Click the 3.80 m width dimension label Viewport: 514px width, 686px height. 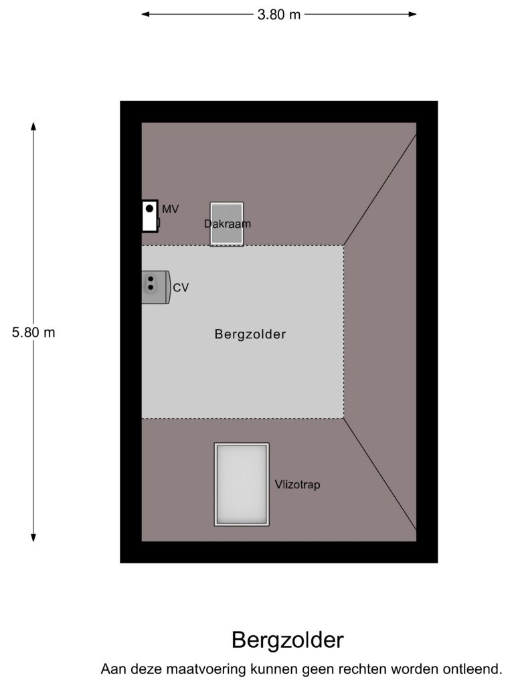(279, 15)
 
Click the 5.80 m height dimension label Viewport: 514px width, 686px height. (33, 332)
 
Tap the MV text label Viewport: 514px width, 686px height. (171, 209)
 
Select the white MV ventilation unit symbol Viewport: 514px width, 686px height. (150, 216)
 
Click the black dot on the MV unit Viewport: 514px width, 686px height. (149, 208)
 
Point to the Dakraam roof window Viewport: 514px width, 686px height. (227, 224)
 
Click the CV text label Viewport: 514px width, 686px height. (181, 288)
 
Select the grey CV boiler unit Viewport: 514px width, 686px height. (155, 287)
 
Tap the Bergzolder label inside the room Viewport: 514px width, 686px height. (250, 334)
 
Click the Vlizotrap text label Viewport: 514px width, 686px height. (298, 485)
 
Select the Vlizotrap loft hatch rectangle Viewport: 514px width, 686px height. (242, 484)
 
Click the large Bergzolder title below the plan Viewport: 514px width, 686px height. (288, 640)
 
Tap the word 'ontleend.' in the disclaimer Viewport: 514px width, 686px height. (473, 669)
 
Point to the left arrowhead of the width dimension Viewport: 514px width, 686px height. (145, 14)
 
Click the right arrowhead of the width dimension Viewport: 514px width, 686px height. (412, 14)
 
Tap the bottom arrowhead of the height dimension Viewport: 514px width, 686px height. (33, 537)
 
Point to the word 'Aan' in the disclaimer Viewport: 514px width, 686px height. (112, 669)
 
